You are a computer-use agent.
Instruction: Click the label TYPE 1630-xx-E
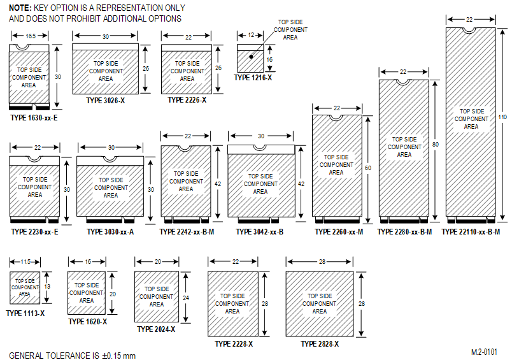(x=34, y=117)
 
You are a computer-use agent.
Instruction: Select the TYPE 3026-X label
(x=105, y=101)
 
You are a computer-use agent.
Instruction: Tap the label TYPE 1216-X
(x=253, y=78)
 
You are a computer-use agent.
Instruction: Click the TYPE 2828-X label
(x=320, y=344)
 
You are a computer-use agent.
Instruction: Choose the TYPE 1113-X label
(x=25, y=313)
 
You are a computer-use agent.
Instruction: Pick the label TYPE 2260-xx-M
(x=339, y=232)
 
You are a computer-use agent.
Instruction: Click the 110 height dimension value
(x=503, y=117)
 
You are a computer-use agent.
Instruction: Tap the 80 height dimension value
(x=436, y=145)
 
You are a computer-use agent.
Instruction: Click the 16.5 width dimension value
(x=30, y=37)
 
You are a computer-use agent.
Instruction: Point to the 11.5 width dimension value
(x=26, y=261)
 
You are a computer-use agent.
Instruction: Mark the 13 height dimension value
(x=47, y=287)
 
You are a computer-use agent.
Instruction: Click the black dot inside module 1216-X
(x=252, y=57)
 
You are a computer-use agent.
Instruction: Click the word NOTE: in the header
(x=20, y=8)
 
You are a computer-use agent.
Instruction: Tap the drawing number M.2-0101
(x=484, y=351)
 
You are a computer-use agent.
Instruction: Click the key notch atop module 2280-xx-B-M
(x=404, y=82)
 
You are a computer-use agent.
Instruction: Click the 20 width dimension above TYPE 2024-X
(x=157, y=261)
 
